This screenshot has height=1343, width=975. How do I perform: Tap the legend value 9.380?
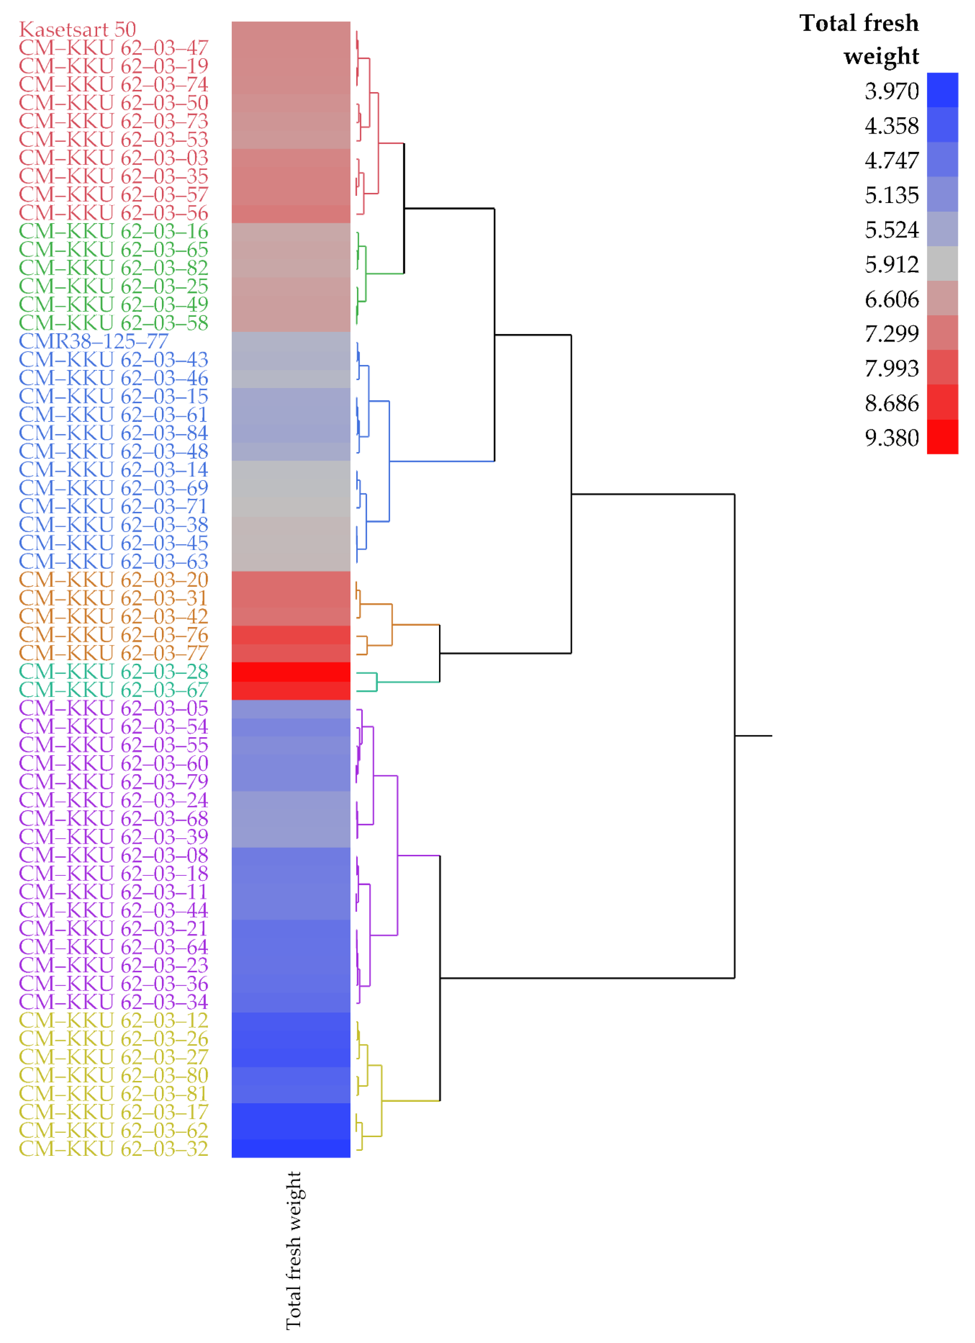click(x=891, y=438)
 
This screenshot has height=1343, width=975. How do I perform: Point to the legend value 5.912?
click(x=891, y=265)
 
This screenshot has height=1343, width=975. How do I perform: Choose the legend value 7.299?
click(x=891, y=334)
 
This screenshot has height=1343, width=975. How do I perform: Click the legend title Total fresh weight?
click(x=859, y=39)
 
